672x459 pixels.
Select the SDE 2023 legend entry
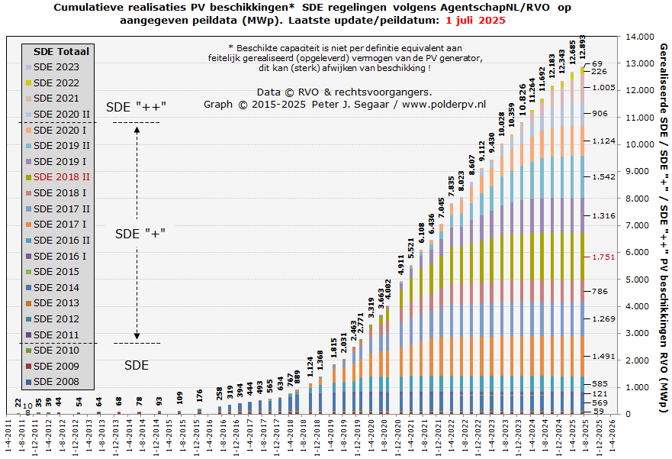(x=56, y=67)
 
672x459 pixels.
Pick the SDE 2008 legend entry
(x=56, y=382)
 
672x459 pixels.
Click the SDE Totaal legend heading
(x=61, y=51)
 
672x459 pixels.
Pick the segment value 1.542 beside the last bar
(x=605, y=177)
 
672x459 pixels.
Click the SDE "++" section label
(x=136, y=106)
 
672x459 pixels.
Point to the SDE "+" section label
(x=137, y=234)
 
